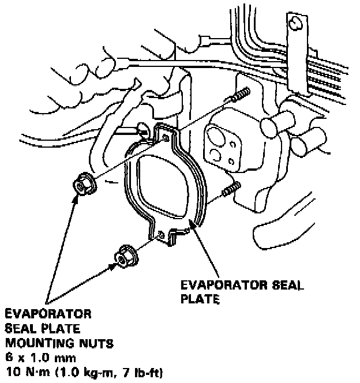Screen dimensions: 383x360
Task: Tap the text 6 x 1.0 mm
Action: (32, 357)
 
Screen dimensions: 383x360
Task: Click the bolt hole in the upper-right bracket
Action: (297, 24)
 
